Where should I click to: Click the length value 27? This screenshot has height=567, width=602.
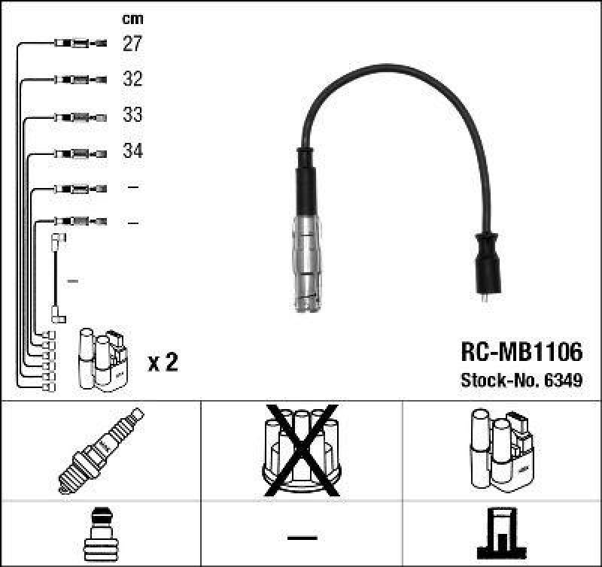point(132,44)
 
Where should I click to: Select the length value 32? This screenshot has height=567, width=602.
point(132,79)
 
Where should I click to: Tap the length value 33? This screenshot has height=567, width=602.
point(132,115)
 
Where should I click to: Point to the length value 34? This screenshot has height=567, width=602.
point(132,151)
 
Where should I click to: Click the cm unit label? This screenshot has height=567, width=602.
point(132,18)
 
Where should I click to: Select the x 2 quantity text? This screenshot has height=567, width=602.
point(163,363)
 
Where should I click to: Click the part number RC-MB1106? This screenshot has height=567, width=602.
point(521,353)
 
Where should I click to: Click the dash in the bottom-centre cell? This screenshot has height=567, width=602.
point(301,537)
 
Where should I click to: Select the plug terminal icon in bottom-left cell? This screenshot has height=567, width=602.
point(100,535)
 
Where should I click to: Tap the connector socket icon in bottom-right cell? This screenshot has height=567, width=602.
point(501,535)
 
